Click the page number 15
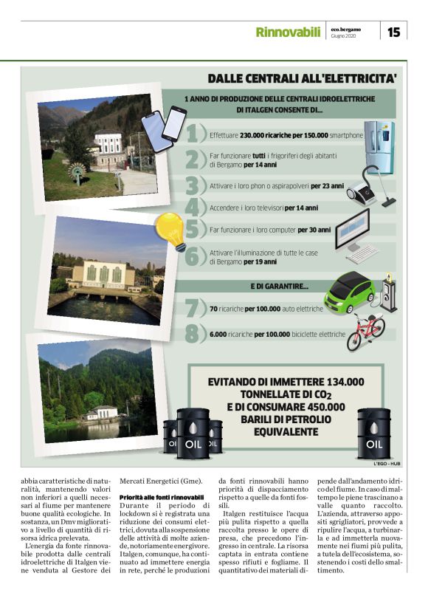tap(393, 32)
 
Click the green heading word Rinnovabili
tap(288, 32)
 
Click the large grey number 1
tap(194, 135)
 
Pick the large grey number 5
tap(194, 230)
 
